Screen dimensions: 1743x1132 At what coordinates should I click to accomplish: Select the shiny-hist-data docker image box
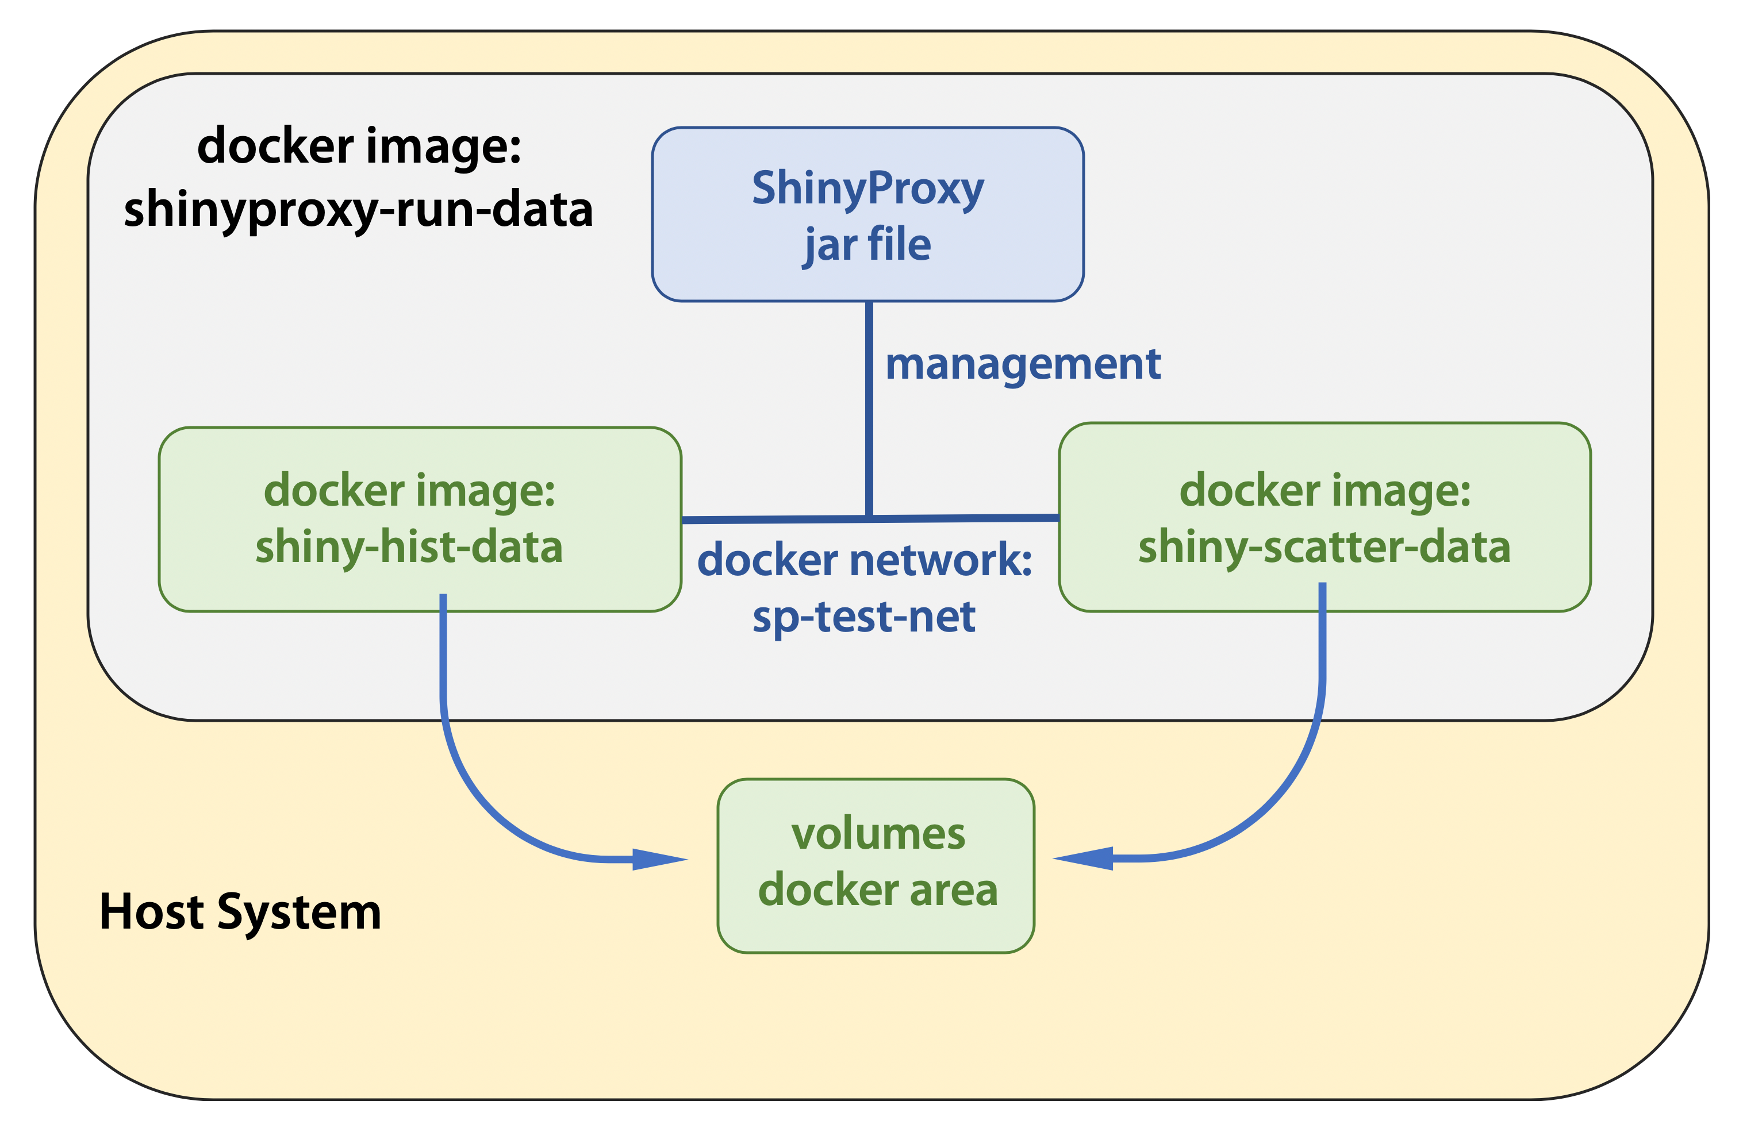(420, 519)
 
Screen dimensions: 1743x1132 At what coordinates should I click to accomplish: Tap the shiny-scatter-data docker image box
(1325, 517)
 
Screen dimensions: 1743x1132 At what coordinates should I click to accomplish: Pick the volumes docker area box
(876, 865)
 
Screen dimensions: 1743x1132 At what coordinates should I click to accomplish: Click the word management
(1023, 365)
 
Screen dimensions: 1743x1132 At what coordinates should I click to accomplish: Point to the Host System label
(240, 912)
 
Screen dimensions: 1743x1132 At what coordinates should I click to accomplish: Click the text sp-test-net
(864, 617)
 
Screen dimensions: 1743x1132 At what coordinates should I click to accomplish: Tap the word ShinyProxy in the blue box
(868, 189)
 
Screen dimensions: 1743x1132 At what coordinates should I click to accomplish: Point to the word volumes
(878, 834)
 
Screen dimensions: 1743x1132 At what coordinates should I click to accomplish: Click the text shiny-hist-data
(409, 548)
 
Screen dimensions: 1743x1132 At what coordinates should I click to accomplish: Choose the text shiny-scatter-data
(1324, 548)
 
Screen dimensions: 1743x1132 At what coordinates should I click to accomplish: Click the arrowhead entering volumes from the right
(1083, 858)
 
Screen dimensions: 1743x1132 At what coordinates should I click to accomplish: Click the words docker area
(878, 890)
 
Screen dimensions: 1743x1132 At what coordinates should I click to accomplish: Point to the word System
(300, 913)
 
